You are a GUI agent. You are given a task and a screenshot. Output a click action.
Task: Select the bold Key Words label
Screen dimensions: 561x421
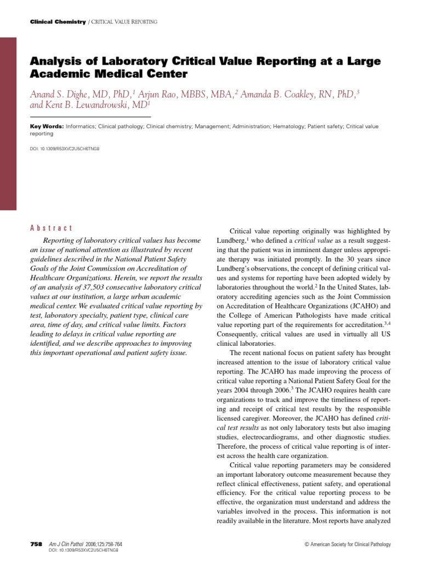(x=47, y=127)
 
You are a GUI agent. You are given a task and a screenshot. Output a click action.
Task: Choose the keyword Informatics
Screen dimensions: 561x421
(x=81, y=127)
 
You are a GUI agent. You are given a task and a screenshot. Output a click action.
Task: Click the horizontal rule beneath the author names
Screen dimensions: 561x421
(x=90, y=117)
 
